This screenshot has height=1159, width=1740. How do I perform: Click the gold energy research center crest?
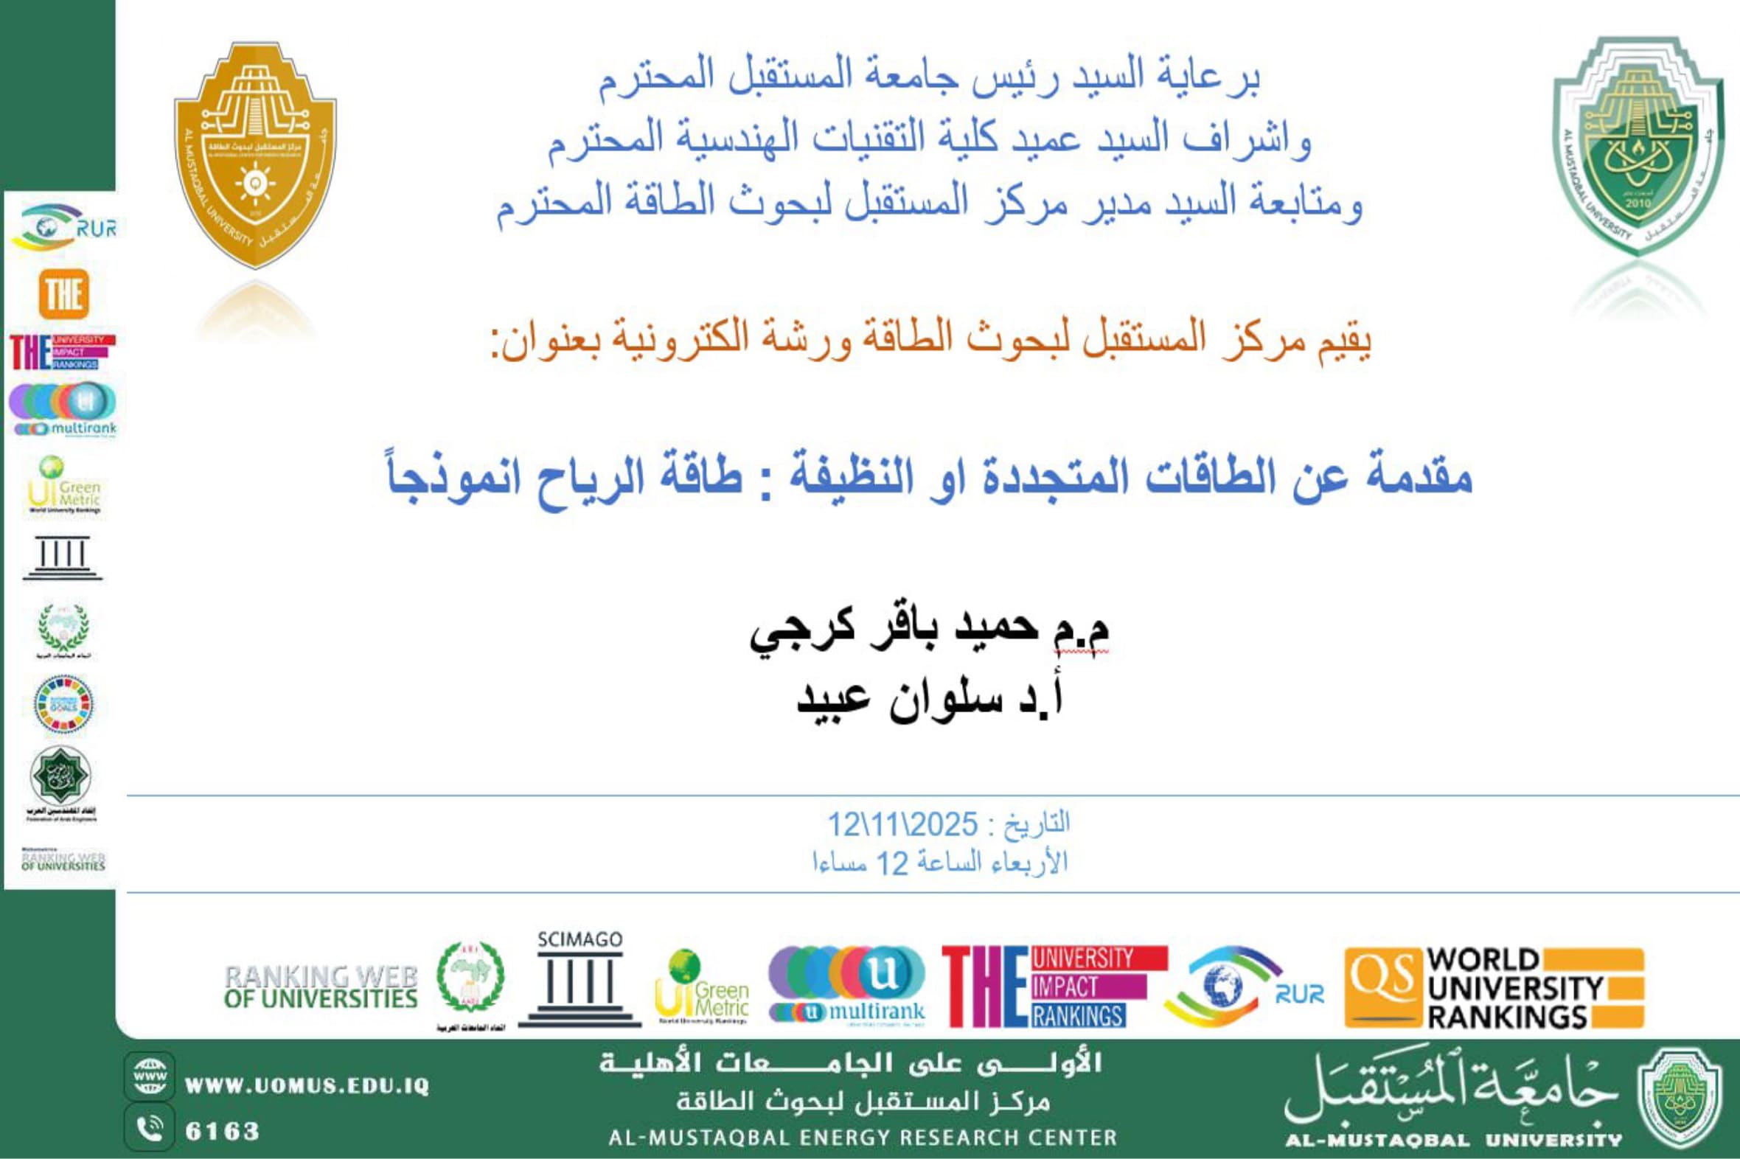(x=255, y=155)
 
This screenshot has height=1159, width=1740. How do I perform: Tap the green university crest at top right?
(x=1638, y=147)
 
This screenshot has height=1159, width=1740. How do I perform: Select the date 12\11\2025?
(x=902, y=824)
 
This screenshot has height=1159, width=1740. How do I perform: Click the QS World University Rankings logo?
(x=1494, y=988)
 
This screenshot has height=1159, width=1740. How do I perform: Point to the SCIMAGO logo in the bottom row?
(x=580, y=978)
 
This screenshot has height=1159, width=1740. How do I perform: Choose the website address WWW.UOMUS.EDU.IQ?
(x=307, y=1086)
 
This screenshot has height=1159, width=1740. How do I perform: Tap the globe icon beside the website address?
(x=150, y=1077)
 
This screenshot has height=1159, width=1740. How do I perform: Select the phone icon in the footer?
(x=150, y=1129)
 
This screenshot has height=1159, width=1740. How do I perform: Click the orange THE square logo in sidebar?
(x=63, y=294)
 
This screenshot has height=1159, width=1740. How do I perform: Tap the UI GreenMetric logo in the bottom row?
(x=701, y=987)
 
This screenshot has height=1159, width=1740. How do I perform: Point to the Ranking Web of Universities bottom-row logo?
(x=321, y=987)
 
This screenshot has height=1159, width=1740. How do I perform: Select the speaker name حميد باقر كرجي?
(x=930, y=630)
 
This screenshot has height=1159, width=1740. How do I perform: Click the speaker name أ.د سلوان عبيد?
(x=930, y=697)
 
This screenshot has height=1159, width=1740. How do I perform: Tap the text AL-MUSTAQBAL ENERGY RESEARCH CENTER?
(x=863, y=1138)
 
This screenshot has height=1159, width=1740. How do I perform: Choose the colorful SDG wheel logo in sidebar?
(x=63, y=703)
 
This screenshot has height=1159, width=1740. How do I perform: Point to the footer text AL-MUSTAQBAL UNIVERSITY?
(x=1453, y=1140)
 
